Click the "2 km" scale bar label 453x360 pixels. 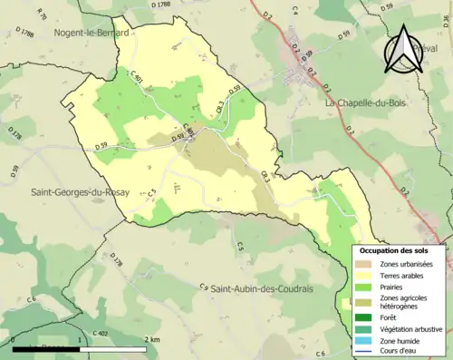pyautogui.click(x=151, y=338)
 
